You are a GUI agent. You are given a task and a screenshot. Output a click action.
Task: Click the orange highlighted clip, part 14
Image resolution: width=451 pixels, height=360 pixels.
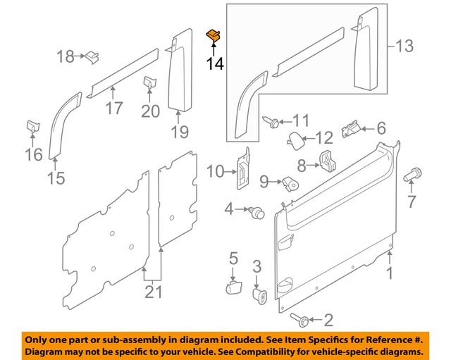(212, 35)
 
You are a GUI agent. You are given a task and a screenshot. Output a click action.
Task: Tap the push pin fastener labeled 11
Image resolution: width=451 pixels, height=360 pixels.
(271, 123)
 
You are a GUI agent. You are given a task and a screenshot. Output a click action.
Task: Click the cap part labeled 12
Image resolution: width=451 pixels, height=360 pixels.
(295, 137)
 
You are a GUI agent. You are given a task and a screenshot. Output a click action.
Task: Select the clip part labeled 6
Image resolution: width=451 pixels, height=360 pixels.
(350, 130)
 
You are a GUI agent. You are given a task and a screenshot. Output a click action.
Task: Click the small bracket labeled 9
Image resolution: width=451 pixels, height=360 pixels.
(290, 183)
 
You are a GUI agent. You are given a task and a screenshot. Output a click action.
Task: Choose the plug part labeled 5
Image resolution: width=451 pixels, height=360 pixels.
(234, 289)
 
